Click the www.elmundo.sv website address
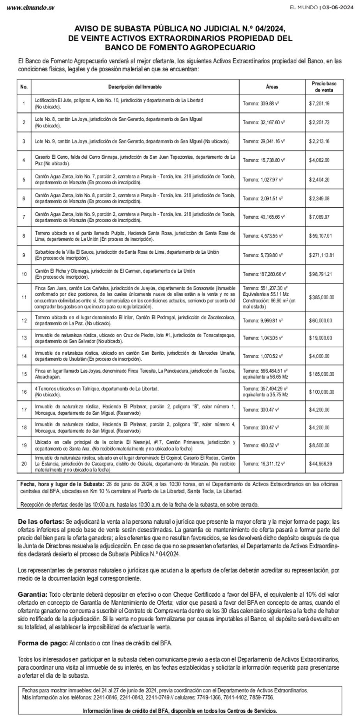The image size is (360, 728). tap(31, 8)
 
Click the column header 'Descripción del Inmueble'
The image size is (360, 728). tap(135, 87)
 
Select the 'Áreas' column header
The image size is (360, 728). tap(272, 87)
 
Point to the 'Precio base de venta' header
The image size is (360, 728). tap(324, 87)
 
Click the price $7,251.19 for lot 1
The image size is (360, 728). tap(319, 104)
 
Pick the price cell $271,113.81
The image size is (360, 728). tap(321, 255)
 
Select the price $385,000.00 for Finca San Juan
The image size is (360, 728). tap(321, 297)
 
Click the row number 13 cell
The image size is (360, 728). tap(24, 338)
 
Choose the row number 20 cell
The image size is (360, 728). tap(24, 464)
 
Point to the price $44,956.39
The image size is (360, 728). tap(320, 464)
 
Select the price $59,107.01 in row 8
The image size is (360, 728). tap(320, 236)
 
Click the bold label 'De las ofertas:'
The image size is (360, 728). tap(41, 522)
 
